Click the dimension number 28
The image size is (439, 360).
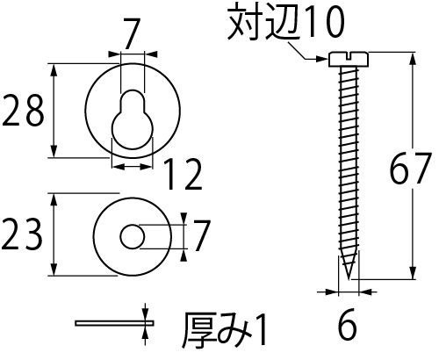pyautogui.click(x=23, y=111)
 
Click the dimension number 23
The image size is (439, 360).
pyautogui.click(x=22, y=234)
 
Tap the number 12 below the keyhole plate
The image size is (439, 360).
pyautogui.click(x=183, y=174)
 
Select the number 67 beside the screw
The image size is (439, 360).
pyautogui.click(x=411, y=169)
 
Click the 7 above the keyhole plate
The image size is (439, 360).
pyautogui.click(x=132, y=33)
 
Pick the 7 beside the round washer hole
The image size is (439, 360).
pyautogui.click(x=201, y=235)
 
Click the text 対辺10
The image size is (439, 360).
pyautogui.click(x=286, y=23)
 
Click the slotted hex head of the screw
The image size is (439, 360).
pyautogui.click(x=349, y=59)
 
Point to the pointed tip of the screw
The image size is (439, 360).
pyautogui.click(x=349, y=278)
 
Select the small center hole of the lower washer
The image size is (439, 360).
pyautogui.click(x=133, y=237)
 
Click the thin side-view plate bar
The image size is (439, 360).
pyautogui.click(x=114, y=323)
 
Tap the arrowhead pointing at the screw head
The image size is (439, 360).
pyautogui.click(x=321, y=59)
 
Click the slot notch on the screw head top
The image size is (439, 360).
pyautogui.click(x=349, y=55)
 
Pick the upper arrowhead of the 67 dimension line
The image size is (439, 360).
pyautogui.click(x=413, y=59)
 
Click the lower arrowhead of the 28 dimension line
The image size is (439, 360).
pyautogui.click(x=54, y=150)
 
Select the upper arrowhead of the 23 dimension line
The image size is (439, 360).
pyautogui.click(x=54, y=200)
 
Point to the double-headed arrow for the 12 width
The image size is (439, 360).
pyautogui.click(x=132, y=167)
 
